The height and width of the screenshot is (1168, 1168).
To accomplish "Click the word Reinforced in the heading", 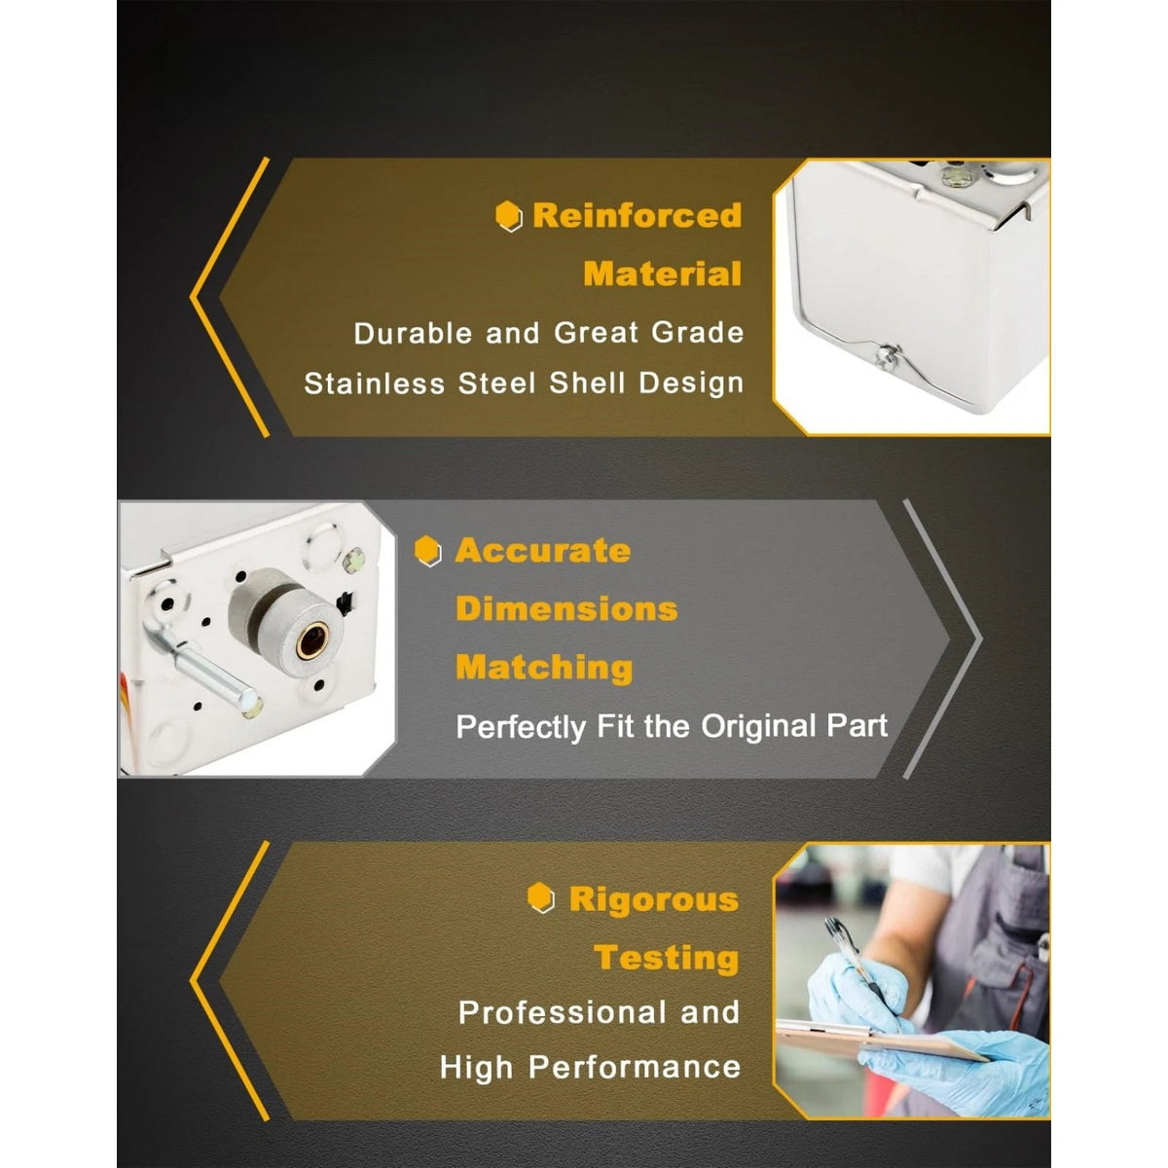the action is [x=637, y=215].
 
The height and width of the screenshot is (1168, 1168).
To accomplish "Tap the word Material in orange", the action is [x=662, y=274].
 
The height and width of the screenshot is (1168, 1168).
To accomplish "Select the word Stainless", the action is [x=374, y=383].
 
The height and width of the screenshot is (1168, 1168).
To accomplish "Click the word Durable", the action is [x=413, y=333].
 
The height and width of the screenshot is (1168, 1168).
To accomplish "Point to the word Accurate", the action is [x=543, y=550].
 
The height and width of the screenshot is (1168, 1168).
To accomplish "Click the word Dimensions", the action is [x=566, y=608].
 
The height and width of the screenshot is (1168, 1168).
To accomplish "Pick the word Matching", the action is [x=544, y=668].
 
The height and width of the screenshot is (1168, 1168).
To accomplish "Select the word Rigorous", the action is [x=654, y=899].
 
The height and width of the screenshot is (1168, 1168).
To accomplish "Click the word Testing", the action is [x=666, y=959].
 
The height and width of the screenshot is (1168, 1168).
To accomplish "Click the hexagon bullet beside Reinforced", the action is [x=508, y=216].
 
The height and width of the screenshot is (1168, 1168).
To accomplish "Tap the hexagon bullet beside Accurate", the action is [x=428, y=550].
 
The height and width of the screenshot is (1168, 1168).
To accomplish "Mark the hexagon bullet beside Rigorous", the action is [x=540, y=897].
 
